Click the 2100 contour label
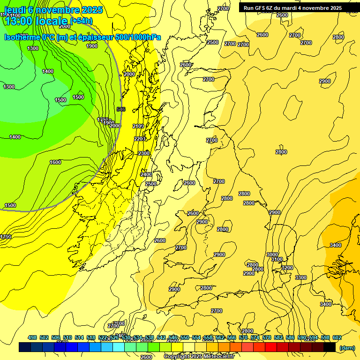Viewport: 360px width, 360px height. [138, 126]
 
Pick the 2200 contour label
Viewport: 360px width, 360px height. [140, 139]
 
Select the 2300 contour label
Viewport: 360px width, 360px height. [144, 153]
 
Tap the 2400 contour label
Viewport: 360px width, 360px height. [146, 174]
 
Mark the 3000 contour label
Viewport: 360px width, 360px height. [272, 255]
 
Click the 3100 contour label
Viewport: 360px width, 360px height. [277, 259]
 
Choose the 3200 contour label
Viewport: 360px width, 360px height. [287, 268]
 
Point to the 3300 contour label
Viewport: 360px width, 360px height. [301, 277]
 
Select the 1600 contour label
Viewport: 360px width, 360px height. [55, 162]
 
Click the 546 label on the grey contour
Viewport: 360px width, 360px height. [121, 109]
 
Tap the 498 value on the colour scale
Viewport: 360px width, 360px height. [32, 338]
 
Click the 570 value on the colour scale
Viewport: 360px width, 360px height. [243, 338]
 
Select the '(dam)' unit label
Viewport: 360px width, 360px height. [347, 347]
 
